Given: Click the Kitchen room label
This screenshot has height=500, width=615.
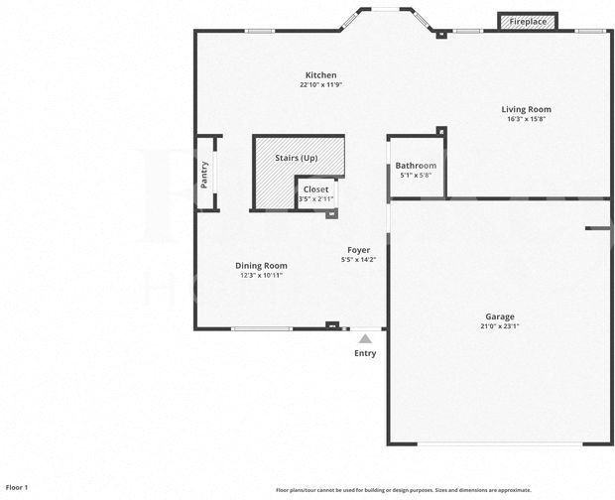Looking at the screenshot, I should pos(320,75).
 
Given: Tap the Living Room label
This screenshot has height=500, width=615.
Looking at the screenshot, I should pos(526,109).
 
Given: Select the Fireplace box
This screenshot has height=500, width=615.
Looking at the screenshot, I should pos(528,22).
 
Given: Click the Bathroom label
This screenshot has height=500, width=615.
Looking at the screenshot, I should pos(416,166).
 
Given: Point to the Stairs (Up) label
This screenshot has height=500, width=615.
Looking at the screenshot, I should pos(296,158).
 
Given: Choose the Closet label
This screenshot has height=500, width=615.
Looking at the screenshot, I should pos(315,189).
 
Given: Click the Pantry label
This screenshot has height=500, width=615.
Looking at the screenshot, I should pos(204,175).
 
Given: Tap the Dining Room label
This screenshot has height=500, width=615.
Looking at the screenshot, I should pos(261,265).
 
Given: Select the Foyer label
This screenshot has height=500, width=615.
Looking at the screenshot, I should pos(358,250).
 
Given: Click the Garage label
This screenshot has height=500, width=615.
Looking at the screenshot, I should pos(499,316).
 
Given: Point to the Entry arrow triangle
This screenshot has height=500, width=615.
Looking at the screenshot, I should pos(365,339).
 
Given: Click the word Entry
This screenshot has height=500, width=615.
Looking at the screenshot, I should pos(365,353).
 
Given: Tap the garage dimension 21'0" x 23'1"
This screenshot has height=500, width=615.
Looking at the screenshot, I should pos(499,326).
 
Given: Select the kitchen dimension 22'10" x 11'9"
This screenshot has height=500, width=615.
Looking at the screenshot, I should pos(320,85).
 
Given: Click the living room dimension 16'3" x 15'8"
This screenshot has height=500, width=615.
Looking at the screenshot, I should pos(526,119).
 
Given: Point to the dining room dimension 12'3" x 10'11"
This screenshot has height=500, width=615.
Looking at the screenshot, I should pos(261,275).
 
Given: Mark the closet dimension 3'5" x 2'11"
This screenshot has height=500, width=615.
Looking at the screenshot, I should pos(315,199).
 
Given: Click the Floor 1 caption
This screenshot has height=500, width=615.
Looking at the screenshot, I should pos(17,487).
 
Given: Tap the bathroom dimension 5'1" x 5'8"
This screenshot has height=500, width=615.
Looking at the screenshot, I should pos(416,176).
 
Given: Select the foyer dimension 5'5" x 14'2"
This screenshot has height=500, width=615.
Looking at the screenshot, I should pos(358,260).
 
